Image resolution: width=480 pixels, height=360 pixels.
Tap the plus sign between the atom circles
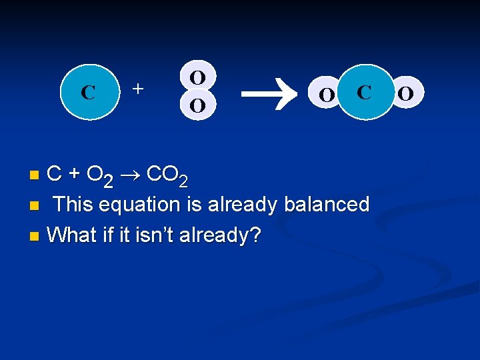(x=138, y=87)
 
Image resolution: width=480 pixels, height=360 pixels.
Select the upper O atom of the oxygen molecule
(x=197, y=77)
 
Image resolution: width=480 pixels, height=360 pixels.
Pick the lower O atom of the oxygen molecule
(x=197, y=105)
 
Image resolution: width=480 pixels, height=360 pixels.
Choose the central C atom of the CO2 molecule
(x=364, y=92)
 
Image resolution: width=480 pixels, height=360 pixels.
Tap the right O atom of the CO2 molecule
(x=405, y=93)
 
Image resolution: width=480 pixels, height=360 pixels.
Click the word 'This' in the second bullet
(x=73, y=204)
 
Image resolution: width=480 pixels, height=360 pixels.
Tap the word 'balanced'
(x=326, y=204)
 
